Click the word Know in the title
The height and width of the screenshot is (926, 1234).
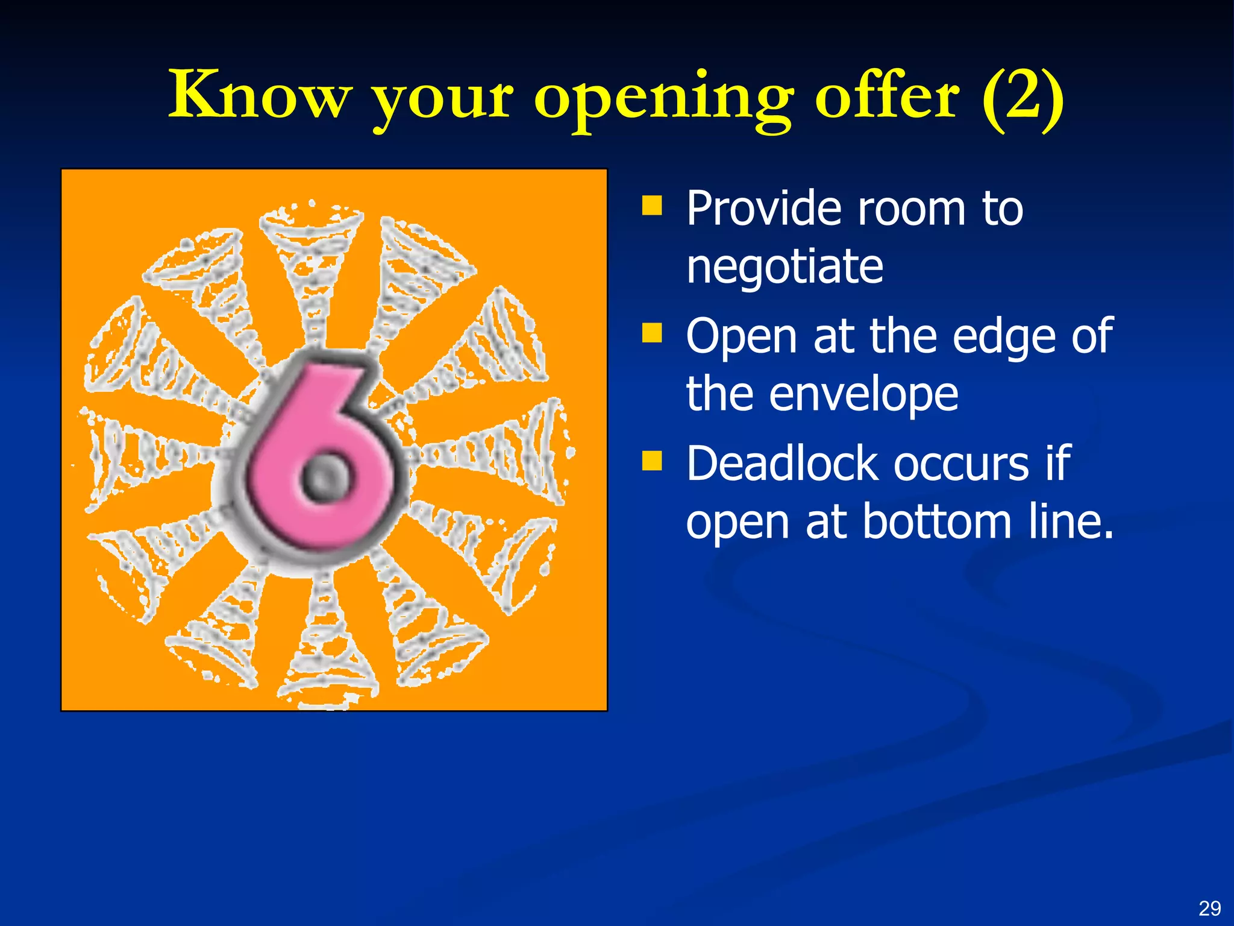(x=259, y=95)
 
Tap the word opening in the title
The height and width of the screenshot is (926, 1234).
(x=663, y=99)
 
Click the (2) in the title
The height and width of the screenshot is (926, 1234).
(x=1023, y=96)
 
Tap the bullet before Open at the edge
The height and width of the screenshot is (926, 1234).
(x=651, y=332)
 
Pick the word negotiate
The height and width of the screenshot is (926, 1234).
(x=785, y=266)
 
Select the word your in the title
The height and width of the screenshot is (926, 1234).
(x=443, y=99)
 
